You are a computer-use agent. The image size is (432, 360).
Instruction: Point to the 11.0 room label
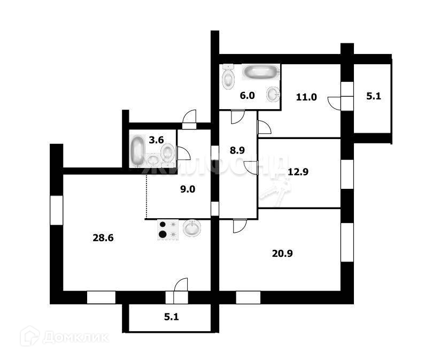[306, 97]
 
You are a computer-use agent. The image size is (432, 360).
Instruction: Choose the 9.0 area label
[187, 188]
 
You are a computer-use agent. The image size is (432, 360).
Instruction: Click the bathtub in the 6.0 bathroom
[261, 72]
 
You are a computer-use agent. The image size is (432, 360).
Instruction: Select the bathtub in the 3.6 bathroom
[137, 151]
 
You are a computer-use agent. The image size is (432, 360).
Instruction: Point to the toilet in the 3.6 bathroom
[167, 152]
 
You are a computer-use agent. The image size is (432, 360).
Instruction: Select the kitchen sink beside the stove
[192, 229]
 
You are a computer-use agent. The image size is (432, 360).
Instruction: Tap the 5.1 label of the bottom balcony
[171, 317]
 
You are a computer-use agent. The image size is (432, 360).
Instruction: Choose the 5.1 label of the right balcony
[373, 97]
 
